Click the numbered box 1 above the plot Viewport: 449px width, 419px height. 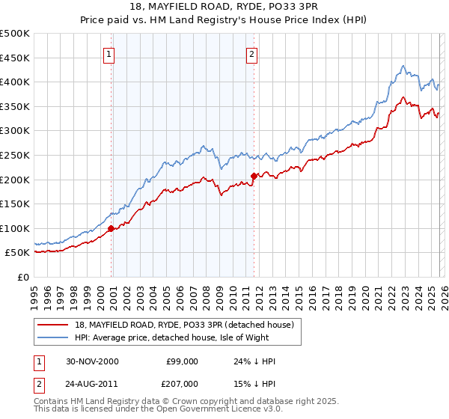(109, 54)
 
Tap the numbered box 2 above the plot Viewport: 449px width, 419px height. (252, 54)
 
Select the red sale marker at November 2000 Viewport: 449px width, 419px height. (112, 229)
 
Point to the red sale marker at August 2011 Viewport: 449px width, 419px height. (254, 176)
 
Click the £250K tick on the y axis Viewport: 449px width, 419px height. (15, 155)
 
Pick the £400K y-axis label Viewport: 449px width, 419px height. (15, 82)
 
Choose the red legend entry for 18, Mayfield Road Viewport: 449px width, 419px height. (187, 325)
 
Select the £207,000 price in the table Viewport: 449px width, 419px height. (182, 382)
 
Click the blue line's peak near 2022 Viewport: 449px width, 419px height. (403, 66)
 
